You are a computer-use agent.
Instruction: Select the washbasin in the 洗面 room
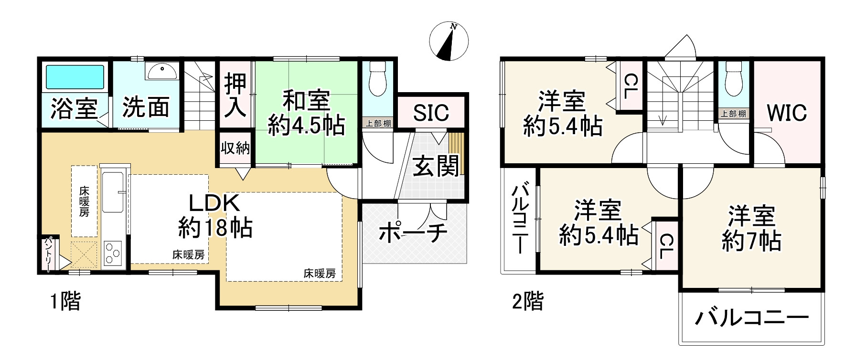tap(162, 72)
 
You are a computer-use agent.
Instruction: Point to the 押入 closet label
tap(235, 95)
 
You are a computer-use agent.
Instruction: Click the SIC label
tap(431, 113)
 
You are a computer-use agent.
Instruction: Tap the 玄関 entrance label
tap(435, 165)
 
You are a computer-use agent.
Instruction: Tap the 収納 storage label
tap(235, 148)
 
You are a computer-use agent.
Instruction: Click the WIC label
tap(787, 113)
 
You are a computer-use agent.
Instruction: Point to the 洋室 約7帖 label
tap(751, 228)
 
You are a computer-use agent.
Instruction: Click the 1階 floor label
tap(65, 302)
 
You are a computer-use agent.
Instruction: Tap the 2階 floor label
tap(527, 302)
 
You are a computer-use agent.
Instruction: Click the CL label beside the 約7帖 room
tap(666, 245)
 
